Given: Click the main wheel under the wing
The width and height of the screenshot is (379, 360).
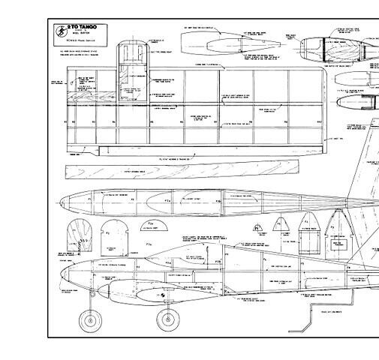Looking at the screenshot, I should point(167,319).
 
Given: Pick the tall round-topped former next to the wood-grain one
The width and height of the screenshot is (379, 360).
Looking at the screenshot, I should point(113,236).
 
